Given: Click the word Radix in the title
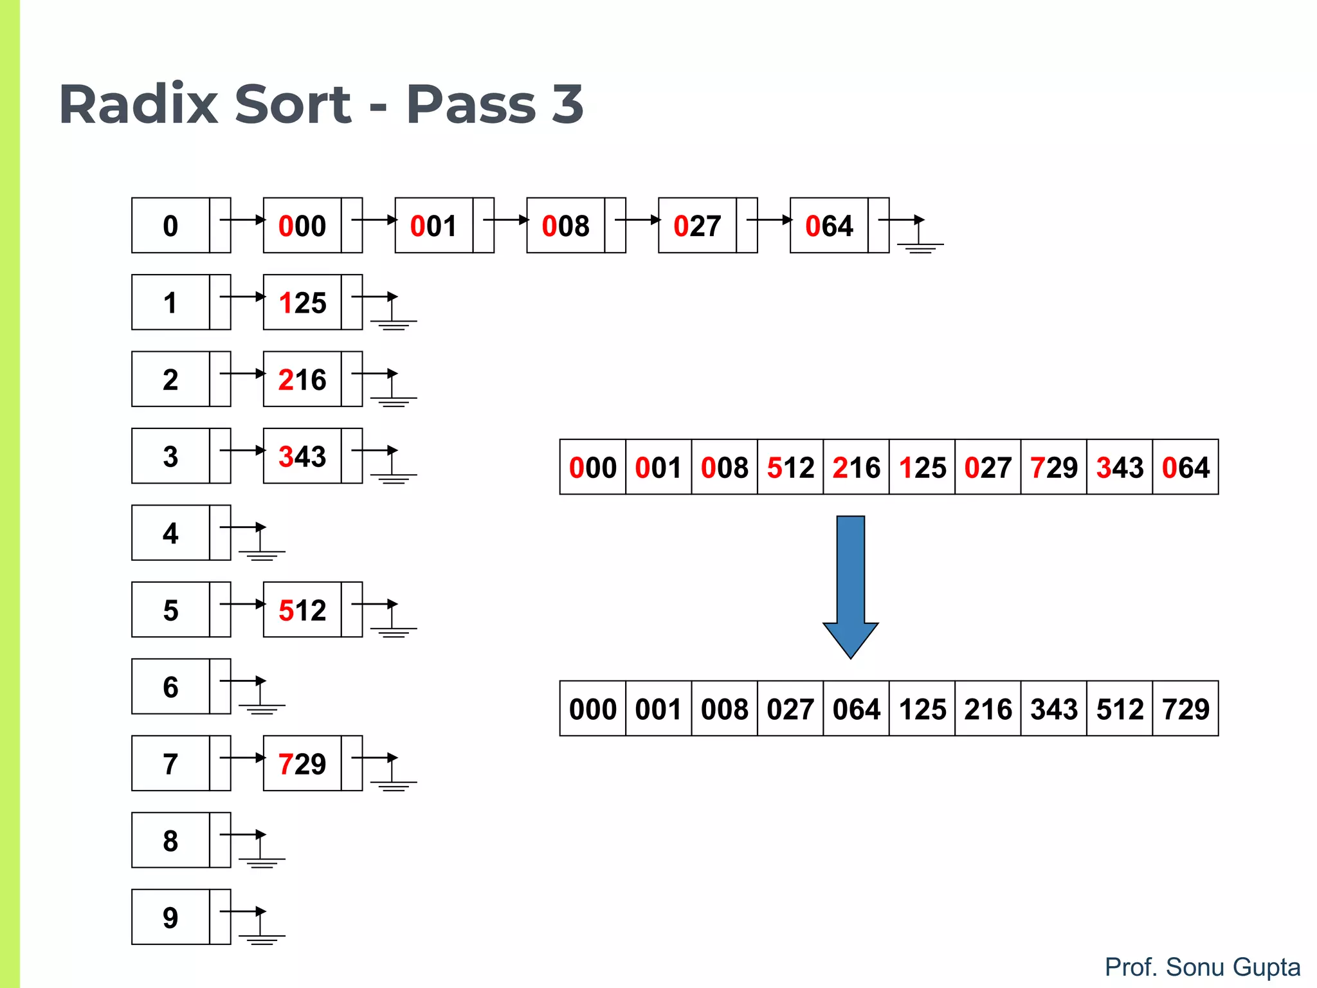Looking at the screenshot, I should point(138,104).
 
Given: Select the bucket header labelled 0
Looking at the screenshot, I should point(170,226).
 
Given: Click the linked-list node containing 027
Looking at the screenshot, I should point(697,226).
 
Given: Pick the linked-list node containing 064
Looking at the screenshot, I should point(829,226).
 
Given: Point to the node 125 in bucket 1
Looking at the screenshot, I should point(302,302).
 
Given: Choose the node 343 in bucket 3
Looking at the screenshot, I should point(302,456).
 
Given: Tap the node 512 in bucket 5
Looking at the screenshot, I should point(302,610).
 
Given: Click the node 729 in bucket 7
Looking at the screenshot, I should point(302,764).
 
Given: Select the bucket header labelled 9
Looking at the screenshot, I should point(170,917).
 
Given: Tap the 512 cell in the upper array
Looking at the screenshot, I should point(790,467).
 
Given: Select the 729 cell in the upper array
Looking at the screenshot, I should point(1053,467).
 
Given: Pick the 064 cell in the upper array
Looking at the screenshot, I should point(1185,467).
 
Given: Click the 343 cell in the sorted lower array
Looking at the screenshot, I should point(1053,709).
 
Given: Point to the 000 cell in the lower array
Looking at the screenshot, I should point(592,709).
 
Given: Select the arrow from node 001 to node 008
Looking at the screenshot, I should point(505,220).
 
